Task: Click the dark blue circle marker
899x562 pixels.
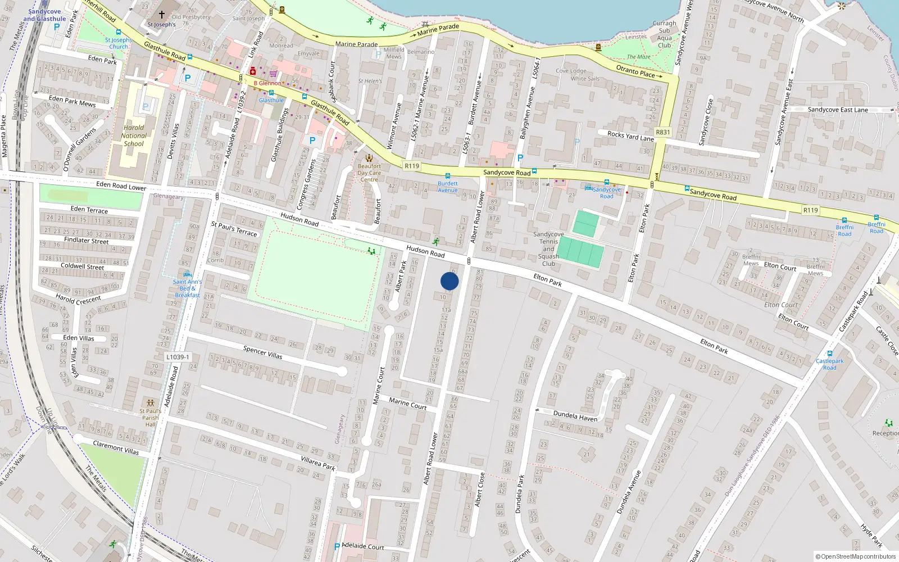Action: pos(449,281)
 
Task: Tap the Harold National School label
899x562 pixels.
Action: pos(134,135)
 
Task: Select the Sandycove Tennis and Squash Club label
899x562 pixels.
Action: pos(548,249)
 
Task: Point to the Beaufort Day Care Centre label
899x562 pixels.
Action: pos(369,173)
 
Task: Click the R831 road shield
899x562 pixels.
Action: pos(663,132)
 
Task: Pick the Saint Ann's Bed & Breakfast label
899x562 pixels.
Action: pos(187,288)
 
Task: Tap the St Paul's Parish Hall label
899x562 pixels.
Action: pos(150,418)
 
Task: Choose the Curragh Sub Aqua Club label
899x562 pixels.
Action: pos(665,34)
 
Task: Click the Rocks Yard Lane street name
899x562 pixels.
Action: pos(630,135)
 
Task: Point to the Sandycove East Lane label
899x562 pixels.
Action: pos(838,110)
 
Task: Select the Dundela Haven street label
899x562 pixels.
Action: pos(575,416)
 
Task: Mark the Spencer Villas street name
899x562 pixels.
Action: pos(262,352)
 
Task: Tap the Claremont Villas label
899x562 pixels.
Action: pos(116,448)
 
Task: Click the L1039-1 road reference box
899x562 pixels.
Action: pos(178,357)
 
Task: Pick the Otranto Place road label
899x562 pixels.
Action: pos(635,71)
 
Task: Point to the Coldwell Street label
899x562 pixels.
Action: pos(82,266)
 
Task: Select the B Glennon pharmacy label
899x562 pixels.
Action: pos(269,83)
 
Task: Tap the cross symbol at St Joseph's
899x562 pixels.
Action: pos(162,15)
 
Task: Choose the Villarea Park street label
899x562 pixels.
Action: pos(318,463)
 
